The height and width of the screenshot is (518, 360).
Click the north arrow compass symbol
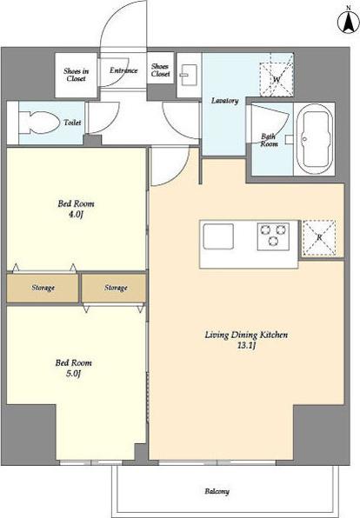(x=349, y=22)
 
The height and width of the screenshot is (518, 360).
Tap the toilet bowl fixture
(x=38, y=123)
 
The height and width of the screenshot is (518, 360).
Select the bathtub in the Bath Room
(x=314, y=139)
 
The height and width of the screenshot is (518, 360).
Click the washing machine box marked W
(x=276, y=75)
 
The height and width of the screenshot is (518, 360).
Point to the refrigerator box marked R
(x=319, y=238)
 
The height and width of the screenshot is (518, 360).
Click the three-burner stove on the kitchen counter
(x=273, y=236)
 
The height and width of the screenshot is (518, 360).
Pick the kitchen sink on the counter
(x=218, y=236)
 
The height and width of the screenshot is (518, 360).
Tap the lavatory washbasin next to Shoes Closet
(x=189, y=75)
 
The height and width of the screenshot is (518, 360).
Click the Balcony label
(x=217, y=491)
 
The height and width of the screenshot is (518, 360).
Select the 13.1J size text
(x=246, y=346)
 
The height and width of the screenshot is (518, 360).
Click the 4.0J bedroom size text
(x=76, y=215)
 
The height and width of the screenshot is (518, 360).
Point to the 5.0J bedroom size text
(x=73, y=374)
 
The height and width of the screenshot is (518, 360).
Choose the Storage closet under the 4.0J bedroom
(x=43, y=288)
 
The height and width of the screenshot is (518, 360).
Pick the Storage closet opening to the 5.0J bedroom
(x=114, y=288)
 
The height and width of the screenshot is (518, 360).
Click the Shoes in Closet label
(x=76, y=75)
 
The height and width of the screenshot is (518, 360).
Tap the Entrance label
(x=123, y=70)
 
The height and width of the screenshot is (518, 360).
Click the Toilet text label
(x=72, y=123)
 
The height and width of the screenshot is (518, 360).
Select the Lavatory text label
(x=225, y=101)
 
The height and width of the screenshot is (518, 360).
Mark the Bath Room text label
(x=269, y=140)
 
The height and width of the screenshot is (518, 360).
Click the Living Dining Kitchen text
(x=246, y=335)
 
